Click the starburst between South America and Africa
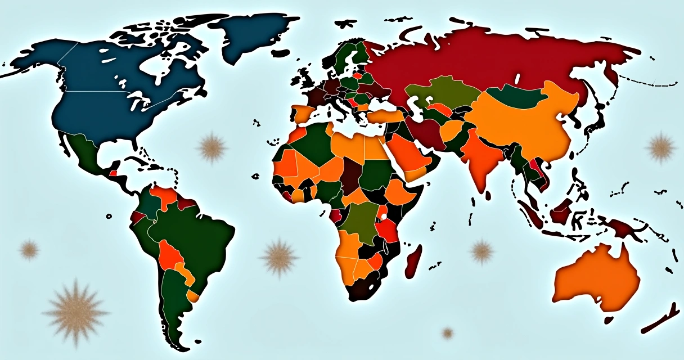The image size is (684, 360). pyautogui.click(x=279, y=258)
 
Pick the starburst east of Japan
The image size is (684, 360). pyautogui.click(x=661, y=148)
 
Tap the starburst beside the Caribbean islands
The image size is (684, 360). pyautogui.click(x=212, y=147)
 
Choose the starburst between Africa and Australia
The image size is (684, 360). pyautogui.click(x=481, y=251)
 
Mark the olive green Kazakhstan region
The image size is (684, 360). pyautogui.click(x=439, y=90)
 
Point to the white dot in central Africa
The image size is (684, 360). pyautogui.click(x=383, y=216)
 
